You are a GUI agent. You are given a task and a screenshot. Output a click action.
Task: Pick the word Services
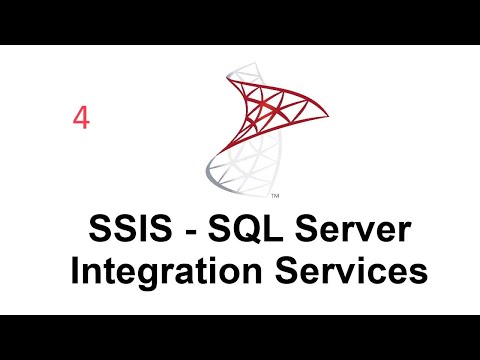[x=342, y=270]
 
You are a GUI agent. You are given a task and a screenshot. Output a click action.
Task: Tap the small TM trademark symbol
[x=275, y=194]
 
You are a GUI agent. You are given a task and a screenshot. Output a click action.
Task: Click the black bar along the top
[x=240, y=22]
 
